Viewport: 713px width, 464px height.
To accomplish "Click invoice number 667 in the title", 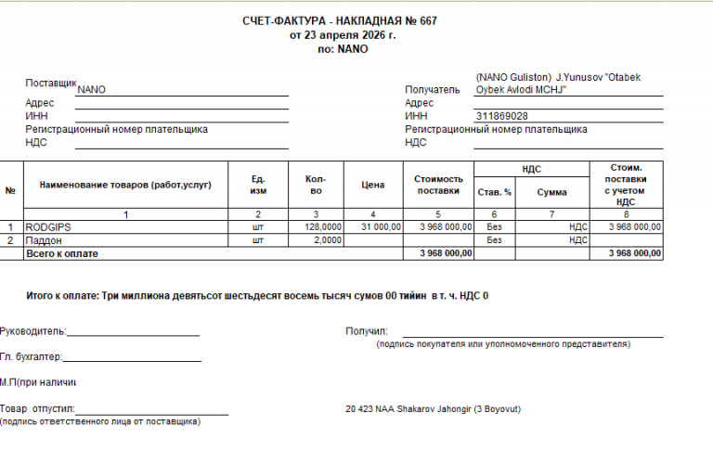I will pyautogui.click(x=427, y=21).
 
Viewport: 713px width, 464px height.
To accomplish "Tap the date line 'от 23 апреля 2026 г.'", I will pyautogui.click(x=343, y=35).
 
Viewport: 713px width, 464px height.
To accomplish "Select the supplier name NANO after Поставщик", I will pyautogui.click(x=92, y=90).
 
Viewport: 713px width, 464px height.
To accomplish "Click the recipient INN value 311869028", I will pyautogui.click(x=502, y=116).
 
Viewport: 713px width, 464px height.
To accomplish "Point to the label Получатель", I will pyautogui.click(x=433, y=90).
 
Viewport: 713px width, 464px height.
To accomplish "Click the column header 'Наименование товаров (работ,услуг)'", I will pyautogui.click(x=125, y=185).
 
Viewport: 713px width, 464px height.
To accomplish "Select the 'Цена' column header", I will pyautogui.click(x=371, y=185).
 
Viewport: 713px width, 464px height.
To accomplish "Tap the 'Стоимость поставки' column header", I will pyautogui.click(x=438, y=185).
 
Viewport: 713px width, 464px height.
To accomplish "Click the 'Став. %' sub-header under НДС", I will pyautogui.click(x=494, y=192).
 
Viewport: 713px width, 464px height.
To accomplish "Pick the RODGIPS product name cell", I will pyautogui.click(x=49, y=226).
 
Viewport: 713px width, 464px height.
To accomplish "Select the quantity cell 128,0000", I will pyautogui.click(x=323, y=226).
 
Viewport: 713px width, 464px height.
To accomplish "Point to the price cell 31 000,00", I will pyautogui.click(x=380, y=226).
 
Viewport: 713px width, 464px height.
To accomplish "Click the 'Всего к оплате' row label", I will pyautogui.click(x=62, y=253).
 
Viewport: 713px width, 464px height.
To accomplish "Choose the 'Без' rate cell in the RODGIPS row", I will pyautogui.click(x=494, y=226).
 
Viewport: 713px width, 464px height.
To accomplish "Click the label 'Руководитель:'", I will pyautogui.click(x=32, y=330).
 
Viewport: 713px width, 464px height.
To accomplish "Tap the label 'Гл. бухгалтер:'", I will pyautogui.click(x=31, y=356).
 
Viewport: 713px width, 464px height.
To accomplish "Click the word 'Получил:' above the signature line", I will pyautogui.click(x=366, y=330).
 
